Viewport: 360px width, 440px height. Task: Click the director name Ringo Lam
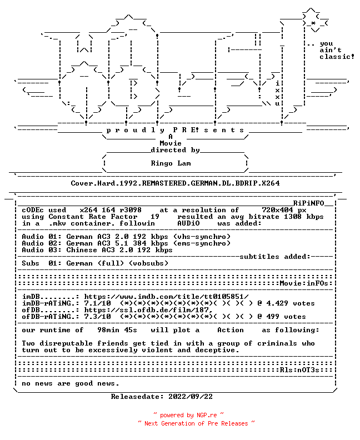pyautogui.click(x=171, y=163)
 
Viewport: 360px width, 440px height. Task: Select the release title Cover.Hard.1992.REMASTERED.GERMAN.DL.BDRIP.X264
pyautogui.click(x=175, y=183)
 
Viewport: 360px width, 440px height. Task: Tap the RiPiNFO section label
pyautogui.click(x=309, y=203)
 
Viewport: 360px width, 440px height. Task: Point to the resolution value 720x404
pyautogui.click(x=277, y=210)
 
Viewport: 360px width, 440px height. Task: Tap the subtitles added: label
pyautogui.click(x=275, y=257)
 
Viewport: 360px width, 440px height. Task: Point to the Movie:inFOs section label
pyautogui.click(x=304, y=283)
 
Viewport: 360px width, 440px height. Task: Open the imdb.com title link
pyautogui.click(x=167, y=297)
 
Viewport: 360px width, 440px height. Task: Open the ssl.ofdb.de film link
pyautogui.click(x=148, y=310)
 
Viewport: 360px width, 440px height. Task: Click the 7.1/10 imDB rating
pyautogui.click(x=97, y=303)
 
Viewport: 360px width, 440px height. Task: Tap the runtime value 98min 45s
pyautogui.click(x=117, y=330)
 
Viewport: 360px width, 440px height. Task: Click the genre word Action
pyautogui.click(x=231, y=330)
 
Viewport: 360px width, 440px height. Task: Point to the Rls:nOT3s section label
pyautogui.click(x=299, y=370)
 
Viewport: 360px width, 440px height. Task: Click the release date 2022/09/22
pyautogui.click(x=191, y=397)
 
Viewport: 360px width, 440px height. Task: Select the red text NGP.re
pyautogui.click(x=207, y=416)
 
